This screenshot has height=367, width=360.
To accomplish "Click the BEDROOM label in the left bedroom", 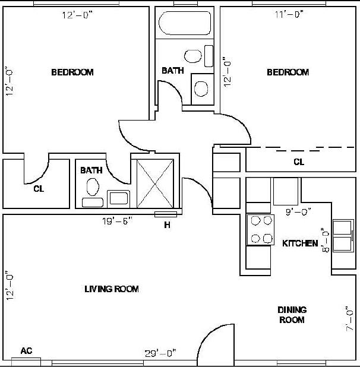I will point(72,72).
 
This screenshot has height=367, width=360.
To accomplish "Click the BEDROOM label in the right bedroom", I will point(288,72).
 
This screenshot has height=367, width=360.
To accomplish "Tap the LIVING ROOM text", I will point(111,289).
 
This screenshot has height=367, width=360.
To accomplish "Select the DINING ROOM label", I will point(292,315).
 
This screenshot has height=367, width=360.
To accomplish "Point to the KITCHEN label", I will point(300,243).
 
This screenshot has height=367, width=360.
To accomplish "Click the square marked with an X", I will point(154,183).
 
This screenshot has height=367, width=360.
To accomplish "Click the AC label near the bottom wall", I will point(26,350).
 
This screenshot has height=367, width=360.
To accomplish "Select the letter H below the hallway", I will point(167,224).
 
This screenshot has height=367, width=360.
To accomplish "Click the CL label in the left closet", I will point(39,189).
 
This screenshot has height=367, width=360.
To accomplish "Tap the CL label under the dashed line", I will point(299,162).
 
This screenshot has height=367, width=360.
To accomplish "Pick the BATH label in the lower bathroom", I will point(91,170).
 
